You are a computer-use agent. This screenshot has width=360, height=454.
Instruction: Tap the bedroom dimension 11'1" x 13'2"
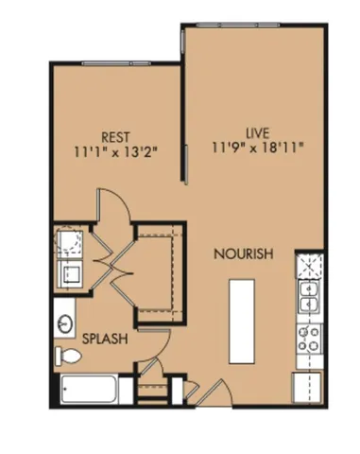coord(113,149)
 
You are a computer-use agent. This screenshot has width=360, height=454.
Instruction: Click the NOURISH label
coord(243,253)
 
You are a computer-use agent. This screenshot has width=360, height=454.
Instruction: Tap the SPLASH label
coord(105,337)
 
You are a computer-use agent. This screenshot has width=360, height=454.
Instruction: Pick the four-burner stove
coord(308,335)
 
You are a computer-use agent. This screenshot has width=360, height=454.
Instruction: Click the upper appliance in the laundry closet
coord(69,245)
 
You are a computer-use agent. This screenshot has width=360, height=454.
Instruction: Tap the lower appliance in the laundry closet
coord(68,275)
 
